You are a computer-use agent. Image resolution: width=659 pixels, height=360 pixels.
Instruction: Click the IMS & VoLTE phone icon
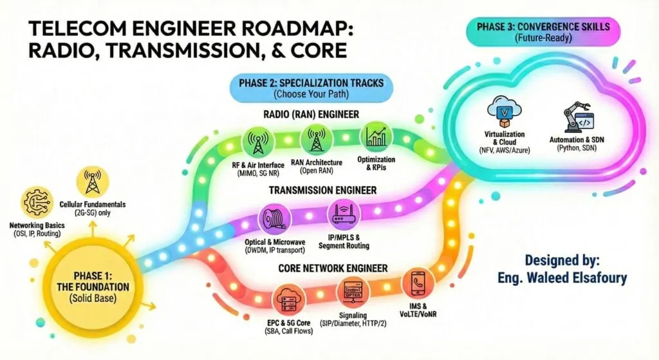coord(416,283)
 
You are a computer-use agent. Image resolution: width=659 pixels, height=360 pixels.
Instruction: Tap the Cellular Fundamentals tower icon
coord(89,182)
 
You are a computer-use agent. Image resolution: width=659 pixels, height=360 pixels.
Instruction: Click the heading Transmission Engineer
coord(323,190)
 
